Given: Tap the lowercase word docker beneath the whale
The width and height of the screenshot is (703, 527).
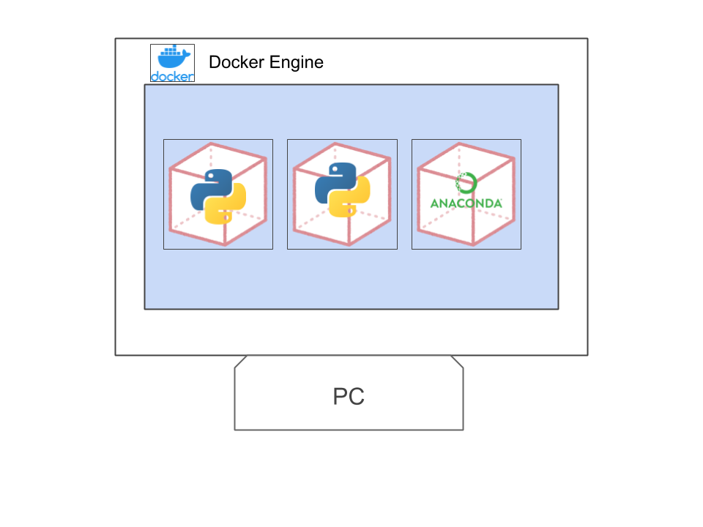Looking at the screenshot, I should tap(172, 76).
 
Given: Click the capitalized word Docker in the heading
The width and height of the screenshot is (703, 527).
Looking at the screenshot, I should tap(235, 62).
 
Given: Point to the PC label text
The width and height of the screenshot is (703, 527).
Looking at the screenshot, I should tap(349, 397).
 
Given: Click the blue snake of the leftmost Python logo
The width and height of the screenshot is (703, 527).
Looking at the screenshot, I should tap(209, 187).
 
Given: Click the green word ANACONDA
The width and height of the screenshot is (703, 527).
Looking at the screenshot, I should tap(466, 203).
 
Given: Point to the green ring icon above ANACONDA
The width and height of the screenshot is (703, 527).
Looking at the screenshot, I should tap(466, 183).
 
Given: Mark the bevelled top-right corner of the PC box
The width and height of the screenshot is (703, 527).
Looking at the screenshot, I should tap(458, 362).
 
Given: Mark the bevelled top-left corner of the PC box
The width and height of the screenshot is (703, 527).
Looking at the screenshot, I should tap(239, 362).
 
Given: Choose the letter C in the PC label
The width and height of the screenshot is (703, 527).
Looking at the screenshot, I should tap(357, 397).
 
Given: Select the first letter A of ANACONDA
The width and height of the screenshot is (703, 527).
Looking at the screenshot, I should tap(434, 203).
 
